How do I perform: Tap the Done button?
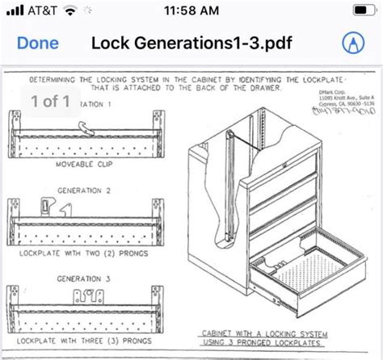coord(38,43)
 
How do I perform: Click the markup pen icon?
coord(352,43)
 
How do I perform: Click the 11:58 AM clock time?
coord(191,11)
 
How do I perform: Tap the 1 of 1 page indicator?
coord(50,102)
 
